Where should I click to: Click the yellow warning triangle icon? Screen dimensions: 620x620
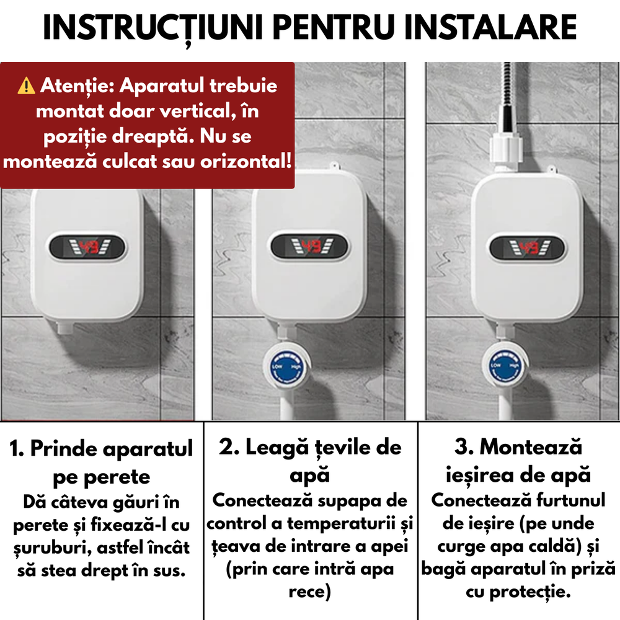pyautogui.click(x=27, y=86)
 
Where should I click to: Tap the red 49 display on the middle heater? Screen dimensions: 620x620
pyautogui.click(x=311, y=246)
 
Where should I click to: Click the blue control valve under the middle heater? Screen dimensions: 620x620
pyautogui.click(x=286, y=366)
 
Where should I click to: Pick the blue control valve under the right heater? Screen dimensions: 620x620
pyautogui.click(x=505, y=365)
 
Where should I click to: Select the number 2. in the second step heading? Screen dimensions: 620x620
pyautogui.click(x=229, y=448)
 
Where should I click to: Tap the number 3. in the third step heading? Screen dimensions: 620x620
pyautogui.click(x=464, y=447)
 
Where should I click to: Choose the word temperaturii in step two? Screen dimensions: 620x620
pyautogui.click(x=341, y=525)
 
